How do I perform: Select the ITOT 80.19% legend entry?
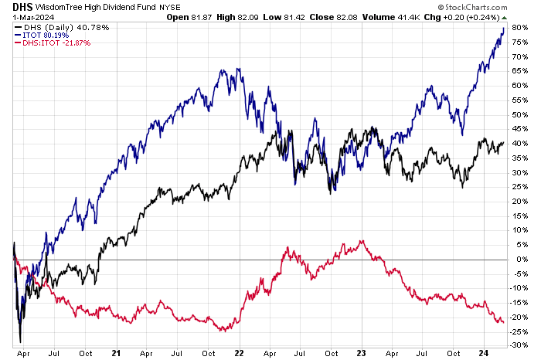[42, 34]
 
